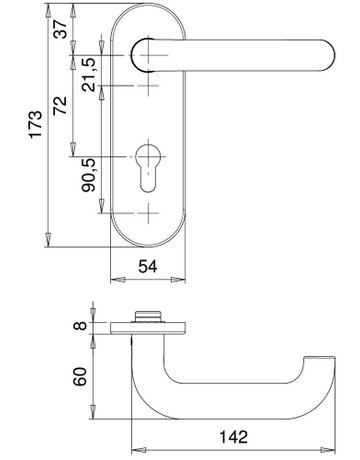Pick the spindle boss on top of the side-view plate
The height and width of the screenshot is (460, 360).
(x=148, y=315)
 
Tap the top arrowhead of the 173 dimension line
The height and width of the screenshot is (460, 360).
(x=47, y=12)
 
